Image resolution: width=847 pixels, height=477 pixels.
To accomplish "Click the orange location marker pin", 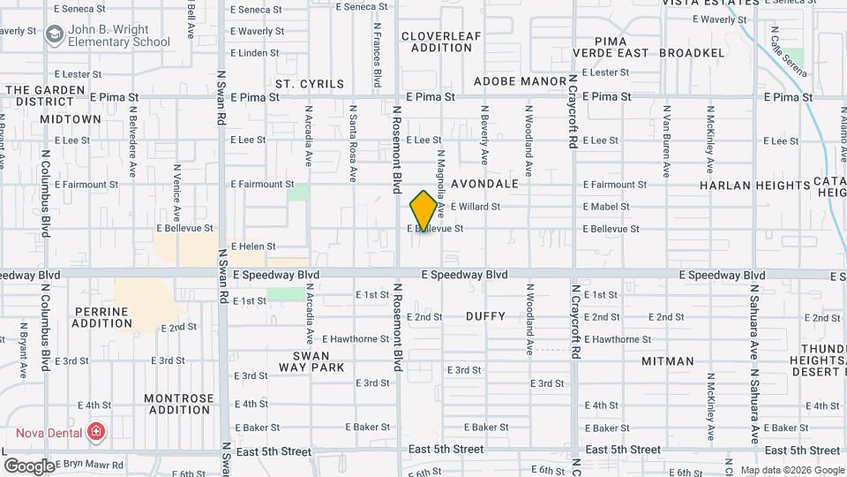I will pos(423,210).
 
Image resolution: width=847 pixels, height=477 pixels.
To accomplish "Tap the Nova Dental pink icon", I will pos(96,433).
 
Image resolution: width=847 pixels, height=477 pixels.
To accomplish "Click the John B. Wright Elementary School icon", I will pos(55,34).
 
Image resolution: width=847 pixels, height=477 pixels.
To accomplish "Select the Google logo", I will pos(28,466).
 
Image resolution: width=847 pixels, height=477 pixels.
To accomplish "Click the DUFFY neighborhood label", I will pos(485,316).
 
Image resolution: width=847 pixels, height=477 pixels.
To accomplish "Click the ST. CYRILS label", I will pos(309,84).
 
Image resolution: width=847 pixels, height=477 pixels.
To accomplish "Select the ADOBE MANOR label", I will pos(520,81).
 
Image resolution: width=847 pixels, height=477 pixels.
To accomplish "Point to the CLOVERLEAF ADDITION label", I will pos(442,42).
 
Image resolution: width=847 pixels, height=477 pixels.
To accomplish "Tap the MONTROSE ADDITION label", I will pos(179,404).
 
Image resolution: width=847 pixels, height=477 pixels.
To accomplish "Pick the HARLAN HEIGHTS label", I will pos(754,185).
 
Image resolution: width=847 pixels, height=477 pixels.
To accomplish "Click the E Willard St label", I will pos(476,207).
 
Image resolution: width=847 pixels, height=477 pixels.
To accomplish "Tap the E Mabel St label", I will pos(606,207).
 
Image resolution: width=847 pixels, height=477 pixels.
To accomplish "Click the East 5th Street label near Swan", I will pos(274,451).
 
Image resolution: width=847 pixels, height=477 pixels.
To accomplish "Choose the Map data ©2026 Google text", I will pos(791,470).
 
